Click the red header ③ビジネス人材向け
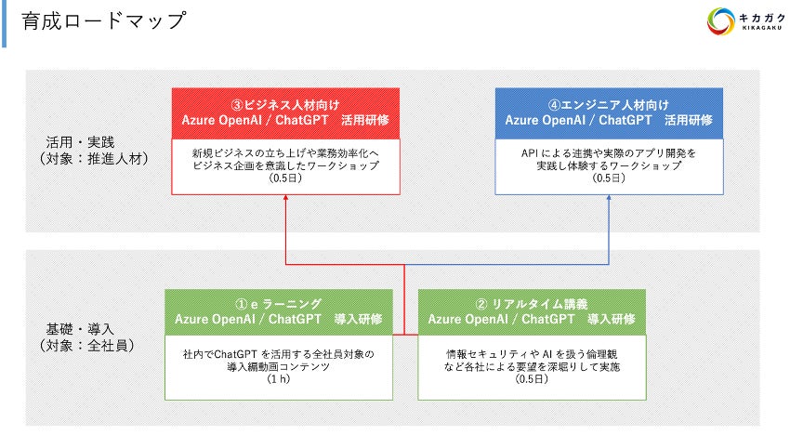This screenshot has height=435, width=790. click(285, 104)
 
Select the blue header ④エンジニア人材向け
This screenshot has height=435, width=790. click(609, 104)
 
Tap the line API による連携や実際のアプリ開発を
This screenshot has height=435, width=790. click(609, 151)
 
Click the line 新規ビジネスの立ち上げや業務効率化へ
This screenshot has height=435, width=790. click(285, 151)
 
